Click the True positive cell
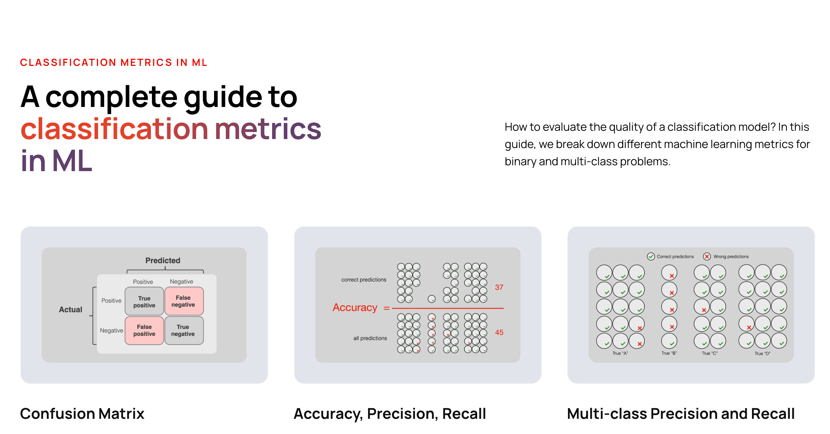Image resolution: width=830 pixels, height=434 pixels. pos(144,302)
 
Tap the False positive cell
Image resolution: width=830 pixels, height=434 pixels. pos(144,331)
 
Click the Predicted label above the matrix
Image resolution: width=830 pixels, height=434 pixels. pos(163,260)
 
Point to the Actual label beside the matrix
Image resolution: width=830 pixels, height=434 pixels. pos(70,309)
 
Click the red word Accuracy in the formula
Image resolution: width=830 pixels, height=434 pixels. pos(355,307)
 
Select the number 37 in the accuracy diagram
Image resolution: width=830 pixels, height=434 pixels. pos(499,287)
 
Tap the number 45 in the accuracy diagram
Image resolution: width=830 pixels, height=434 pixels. pos(499,332)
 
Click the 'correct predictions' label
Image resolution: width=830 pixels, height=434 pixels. pos(364,280)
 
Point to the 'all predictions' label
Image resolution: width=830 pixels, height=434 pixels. pos(370,338)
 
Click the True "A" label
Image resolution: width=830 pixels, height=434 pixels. pos(620,353)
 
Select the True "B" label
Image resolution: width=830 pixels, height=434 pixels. pos(669,353)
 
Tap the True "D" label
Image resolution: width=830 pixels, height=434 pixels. pos(762,354)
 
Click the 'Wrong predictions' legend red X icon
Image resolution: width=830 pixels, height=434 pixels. pos(707,256)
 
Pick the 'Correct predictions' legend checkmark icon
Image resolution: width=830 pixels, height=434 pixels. pos(651,256)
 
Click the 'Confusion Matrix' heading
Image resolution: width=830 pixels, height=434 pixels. pos(82,414)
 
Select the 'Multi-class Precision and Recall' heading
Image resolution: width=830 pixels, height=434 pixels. pos(681,414)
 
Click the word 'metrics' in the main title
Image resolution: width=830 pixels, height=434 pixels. pos(268,129)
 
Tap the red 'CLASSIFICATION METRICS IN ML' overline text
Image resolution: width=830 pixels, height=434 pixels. pos(114,62)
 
